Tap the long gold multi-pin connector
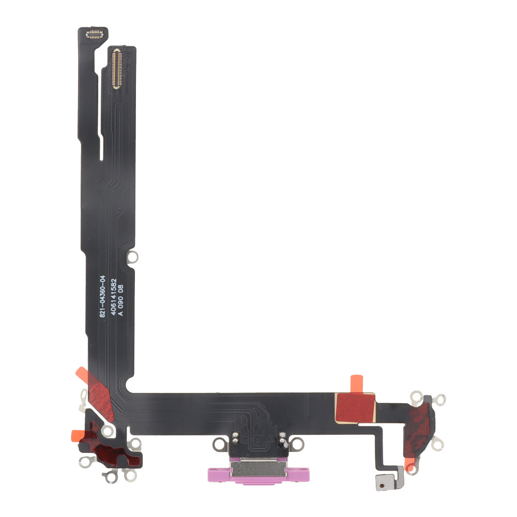pos(116,69)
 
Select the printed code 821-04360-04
pos(102,296)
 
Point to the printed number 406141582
pos(113,297)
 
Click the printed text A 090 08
pos(120,300)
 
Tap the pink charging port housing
pos(258,474)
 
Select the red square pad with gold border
pos(355,407)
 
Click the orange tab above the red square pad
pos(356,384)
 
